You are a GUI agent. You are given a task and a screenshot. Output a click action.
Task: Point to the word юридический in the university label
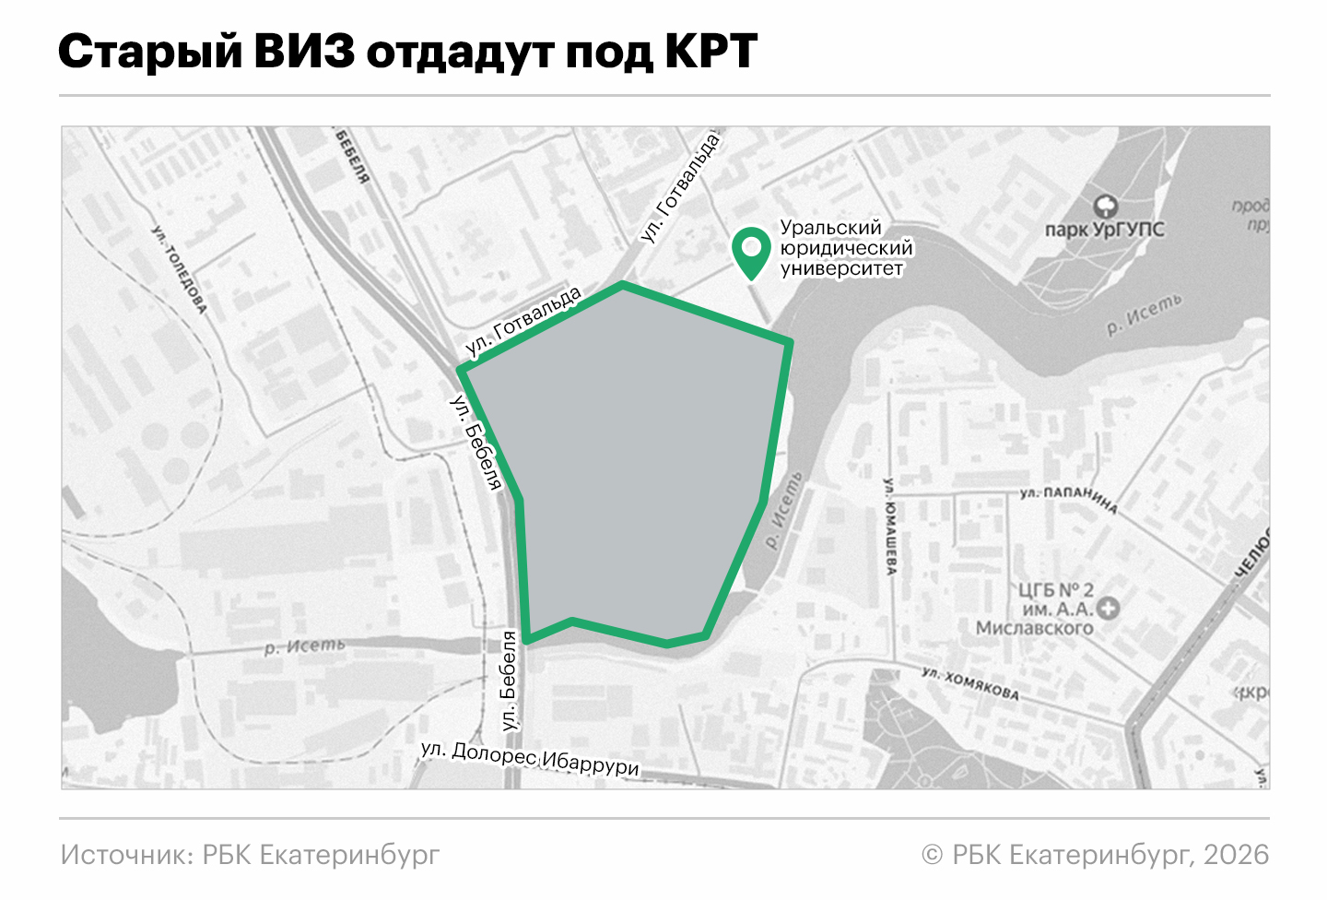coord(846,248)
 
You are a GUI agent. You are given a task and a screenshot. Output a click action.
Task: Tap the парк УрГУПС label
coord(1104,230)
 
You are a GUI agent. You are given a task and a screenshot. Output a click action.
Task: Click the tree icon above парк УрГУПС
coord(1105,206)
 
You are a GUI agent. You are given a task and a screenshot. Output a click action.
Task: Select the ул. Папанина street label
coord(1068,499)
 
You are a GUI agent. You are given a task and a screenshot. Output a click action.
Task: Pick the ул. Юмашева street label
coord(890,527)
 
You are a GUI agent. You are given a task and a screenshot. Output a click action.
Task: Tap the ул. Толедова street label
coord(179,268)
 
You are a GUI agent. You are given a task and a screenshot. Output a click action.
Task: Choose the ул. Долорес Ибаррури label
coord(530,758)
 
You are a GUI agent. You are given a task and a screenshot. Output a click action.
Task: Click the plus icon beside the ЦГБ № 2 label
coord(1109,608)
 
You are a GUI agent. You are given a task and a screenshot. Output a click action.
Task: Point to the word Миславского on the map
coord(1034,629)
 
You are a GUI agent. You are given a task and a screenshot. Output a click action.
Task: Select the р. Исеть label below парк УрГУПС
coord(1144,314)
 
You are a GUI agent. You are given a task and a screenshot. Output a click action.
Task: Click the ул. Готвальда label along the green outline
coord(523,321)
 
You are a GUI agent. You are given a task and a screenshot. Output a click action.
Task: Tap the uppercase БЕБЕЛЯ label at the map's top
coord(352,156)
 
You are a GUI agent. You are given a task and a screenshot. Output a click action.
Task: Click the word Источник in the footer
coord(125,855)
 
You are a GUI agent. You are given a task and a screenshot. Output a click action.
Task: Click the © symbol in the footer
coord(932,856)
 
